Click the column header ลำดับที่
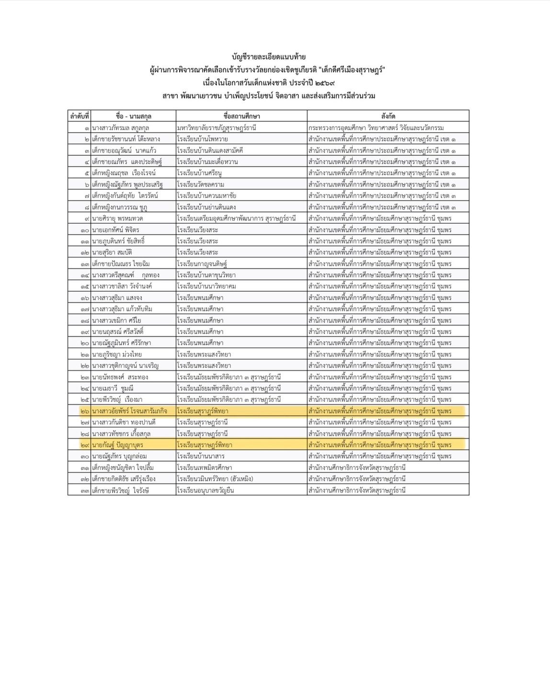pyautogui.click(x=80, y=116)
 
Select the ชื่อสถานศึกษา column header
pyautogui.click(x=241, y=116)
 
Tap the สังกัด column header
pyautogui.click(x=388, y=116)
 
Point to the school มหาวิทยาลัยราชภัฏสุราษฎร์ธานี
pyautogui.click(x=217, y=128)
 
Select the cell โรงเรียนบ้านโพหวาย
pyautogui.click(x=202, y=139)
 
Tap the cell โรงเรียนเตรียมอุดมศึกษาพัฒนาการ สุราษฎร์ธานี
pyautogui.click(x=236, y=218)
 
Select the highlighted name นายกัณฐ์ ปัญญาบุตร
pyautogui.click(x=117, y=445)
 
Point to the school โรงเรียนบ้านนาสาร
pyautogui.click(x=200, y=456)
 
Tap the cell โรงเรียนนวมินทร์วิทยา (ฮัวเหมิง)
pyautogui.click(x=215, y=479)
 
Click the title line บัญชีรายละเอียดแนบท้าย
pyautogui.click(x=268, y=57)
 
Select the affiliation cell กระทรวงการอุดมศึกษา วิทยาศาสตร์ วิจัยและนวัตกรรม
pyautogui.click(x=376, y=128)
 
